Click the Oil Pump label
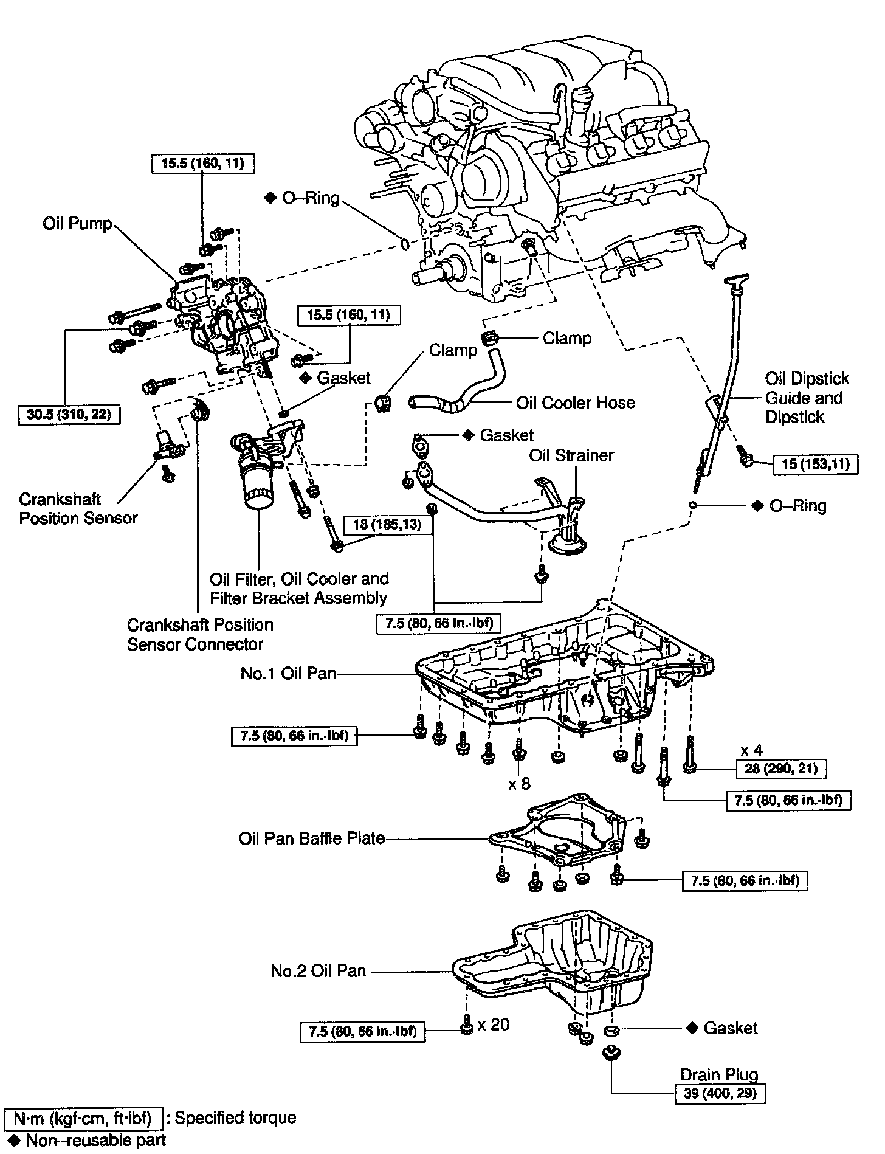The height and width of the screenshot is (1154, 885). tap(78, 224)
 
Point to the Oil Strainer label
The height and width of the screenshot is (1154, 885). tap(571, 455)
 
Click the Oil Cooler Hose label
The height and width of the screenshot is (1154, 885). tap(575, 403)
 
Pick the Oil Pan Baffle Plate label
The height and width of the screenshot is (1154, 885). tap(312, 838)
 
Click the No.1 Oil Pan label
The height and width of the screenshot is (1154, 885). tap(289, 673)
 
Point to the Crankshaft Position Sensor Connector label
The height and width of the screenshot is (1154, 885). tap(200, 634)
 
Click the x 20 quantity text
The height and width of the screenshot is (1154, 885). tap(494, 1025)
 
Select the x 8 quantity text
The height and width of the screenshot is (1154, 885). tap(520, 784)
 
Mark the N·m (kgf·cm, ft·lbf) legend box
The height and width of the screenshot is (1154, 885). tap(83, 1118)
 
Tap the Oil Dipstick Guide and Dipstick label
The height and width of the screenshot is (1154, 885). tap(807, 398)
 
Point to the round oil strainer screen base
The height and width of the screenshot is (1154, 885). tap(570, 542)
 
